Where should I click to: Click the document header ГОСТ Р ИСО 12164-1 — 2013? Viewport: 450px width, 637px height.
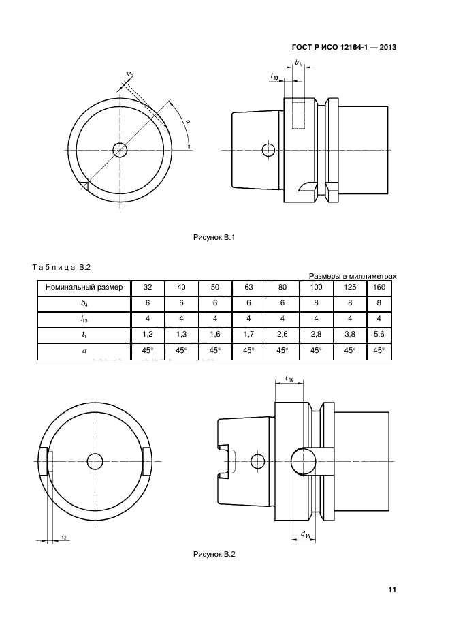pos(344,48)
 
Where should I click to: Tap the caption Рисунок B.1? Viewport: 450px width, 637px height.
pos(214,238)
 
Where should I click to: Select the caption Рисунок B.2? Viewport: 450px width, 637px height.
pos(214,554)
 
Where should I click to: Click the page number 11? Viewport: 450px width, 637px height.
pos(392,589)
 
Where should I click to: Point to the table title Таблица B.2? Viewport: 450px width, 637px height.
pos(61,267)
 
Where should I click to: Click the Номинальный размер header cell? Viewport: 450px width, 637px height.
pos(84,288)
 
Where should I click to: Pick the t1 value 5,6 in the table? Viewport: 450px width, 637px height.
pos(379,335)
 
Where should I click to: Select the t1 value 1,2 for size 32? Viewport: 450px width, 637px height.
pos(148,335)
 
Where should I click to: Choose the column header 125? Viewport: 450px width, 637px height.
pos(350,288)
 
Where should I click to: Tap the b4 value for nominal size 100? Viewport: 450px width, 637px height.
pos(316,302)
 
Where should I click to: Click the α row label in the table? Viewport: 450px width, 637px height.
pos(84,351)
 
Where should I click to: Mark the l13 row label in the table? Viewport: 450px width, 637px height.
pos(84,320)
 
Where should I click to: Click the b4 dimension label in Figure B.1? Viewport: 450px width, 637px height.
pos(298,63)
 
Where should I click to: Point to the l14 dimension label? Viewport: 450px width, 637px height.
pos(289,379)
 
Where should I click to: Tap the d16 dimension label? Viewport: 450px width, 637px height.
pos(305,534)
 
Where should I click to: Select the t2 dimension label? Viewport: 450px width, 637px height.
pos(64,537)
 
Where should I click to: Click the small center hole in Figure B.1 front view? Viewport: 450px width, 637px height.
pos(120,151)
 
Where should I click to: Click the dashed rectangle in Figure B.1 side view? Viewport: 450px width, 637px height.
pos(298,115)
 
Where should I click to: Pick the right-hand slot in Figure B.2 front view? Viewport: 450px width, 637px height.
pos(147,461)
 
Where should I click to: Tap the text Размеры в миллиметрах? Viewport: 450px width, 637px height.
pos(353,276)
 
